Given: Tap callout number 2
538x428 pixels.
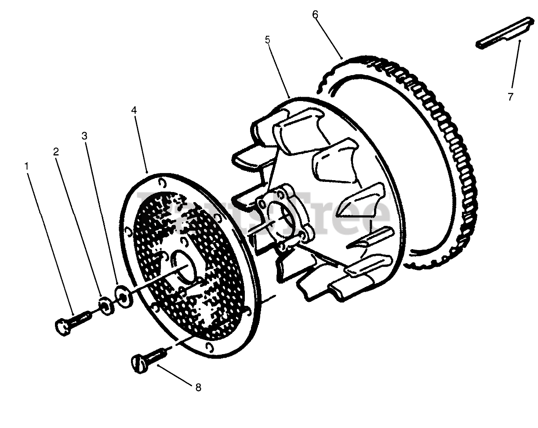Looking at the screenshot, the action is coord(56,152).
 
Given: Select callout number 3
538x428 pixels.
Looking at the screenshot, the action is coord(85,136).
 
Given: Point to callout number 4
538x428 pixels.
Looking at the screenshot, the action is coord(134,110).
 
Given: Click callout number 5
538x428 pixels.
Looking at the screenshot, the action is coord(268,40).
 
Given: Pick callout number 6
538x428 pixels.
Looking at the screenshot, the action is coord(315,14).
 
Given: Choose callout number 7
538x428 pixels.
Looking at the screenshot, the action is coord(510,97).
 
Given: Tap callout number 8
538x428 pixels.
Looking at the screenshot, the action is coord(198,387).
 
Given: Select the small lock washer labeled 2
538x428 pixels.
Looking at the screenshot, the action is coord(105,305).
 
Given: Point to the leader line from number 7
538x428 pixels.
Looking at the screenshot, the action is coord(515,66).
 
